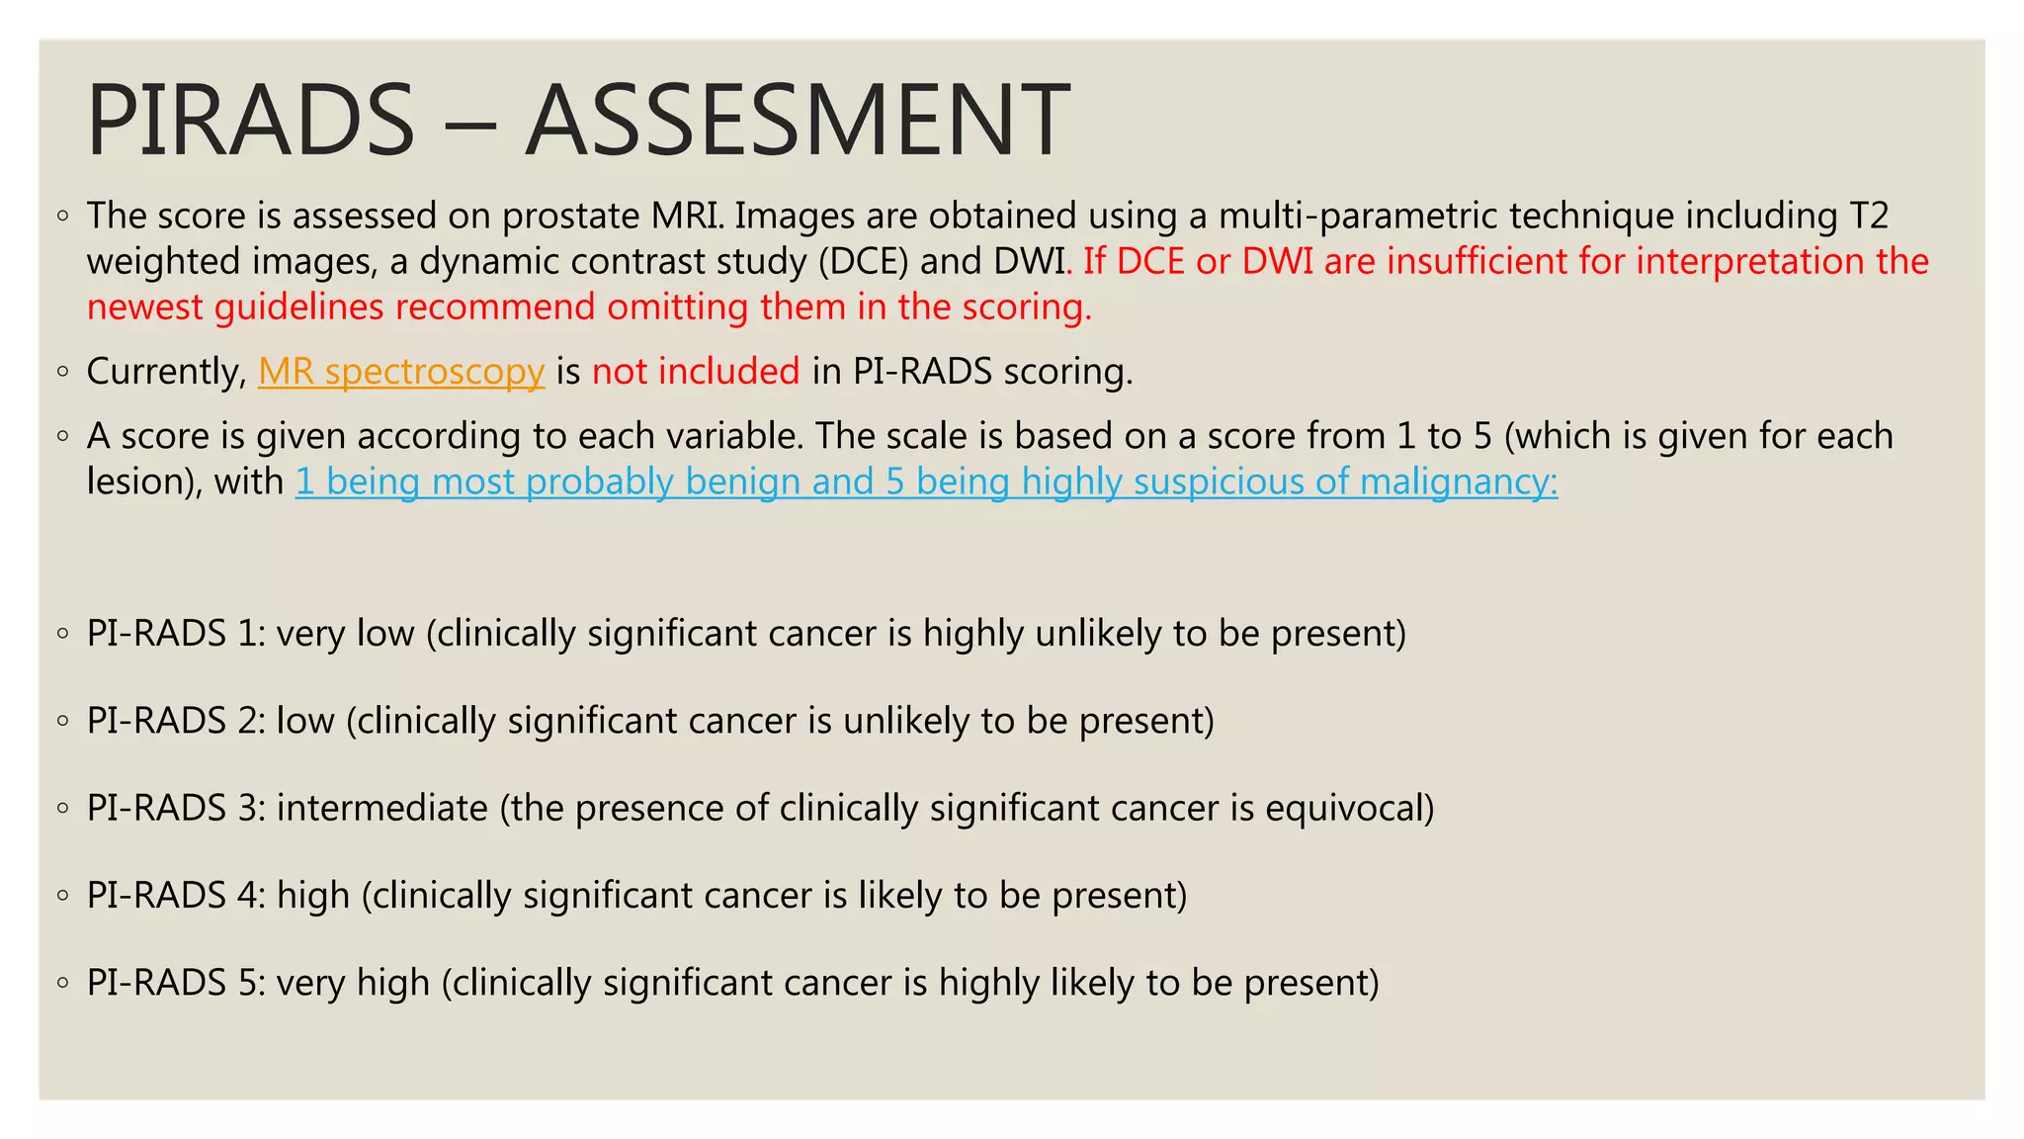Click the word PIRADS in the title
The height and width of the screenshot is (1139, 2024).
coord(250,121)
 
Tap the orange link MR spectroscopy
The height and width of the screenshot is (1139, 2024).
coord(401,372)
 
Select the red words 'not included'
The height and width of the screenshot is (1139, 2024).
coord(696,372)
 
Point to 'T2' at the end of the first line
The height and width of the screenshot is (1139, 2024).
coord(1867,216)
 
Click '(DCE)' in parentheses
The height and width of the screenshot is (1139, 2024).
coord(863,261)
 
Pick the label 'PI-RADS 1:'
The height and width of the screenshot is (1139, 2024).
coord(176,633)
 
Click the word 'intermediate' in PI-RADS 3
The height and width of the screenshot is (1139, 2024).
coord(381,808)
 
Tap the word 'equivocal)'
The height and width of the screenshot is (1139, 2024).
coord(1349,808)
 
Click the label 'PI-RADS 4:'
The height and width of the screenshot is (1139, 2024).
coord(176,895)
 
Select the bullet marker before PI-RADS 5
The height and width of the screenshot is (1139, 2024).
coord(63,984)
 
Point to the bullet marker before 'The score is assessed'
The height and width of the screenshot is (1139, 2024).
coord(63,217)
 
